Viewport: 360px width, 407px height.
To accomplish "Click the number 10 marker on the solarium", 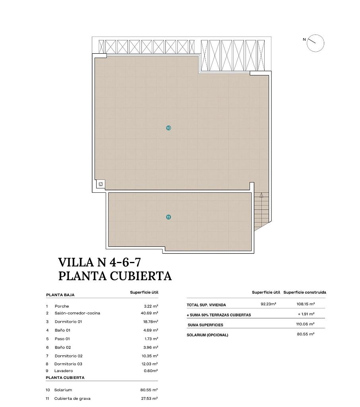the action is pyautogui.click(x=168, y=128).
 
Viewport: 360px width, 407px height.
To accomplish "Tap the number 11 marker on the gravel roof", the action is pyautogui.click(x=168, y=217).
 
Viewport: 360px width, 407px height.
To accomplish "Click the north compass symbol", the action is pyautogui.click(x=315, y=43).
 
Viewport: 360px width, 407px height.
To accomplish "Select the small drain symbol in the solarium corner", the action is pyautogui.click(x=101, y=184).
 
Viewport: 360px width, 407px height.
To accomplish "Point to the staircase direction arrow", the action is pyautogui.click(x=261, y=195).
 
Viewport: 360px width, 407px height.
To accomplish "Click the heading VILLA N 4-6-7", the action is pyautogui.click(x=99, y=262).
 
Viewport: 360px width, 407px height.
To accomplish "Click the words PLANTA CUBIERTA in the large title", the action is pyautogui.click(x=115, y=276).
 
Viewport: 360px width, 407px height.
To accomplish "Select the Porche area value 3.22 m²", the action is pyautogui.click(x=151, y=306).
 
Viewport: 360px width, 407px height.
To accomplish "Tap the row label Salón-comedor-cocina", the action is pyautogui.click(x=77, y=313).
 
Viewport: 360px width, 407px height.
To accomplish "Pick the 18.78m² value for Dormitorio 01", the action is pyautogui.click(x=151, y=322).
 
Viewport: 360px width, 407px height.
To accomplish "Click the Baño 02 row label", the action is pyautogui.click(x=62, y=347).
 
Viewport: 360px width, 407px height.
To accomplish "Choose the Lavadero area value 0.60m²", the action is pyautogui.click(x=151, y=371).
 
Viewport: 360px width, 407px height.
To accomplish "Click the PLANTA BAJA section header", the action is pyautogui.click(x=60, y=295).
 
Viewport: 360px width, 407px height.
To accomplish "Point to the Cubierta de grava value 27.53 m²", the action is pyautogui.click(x=149, y=398).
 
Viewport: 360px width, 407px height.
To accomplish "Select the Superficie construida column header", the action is pyautogui.click(x=305, y=292).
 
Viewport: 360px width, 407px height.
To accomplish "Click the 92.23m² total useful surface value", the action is pyautogui.click(x=268, y=304).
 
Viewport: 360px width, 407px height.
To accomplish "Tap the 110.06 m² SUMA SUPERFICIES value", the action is pyautogui.click(x=306, y=324).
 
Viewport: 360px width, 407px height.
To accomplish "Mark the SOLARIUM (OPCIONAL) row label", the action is pyautogui.click(x=207, y=335).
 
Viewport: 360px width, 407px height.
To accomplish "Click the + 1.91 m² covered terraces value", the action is pyautogui.click(x=306, y=314).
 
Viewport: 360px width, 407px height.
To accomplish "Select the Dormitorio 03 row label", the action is pyautogui.click(x=68, y=364).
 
